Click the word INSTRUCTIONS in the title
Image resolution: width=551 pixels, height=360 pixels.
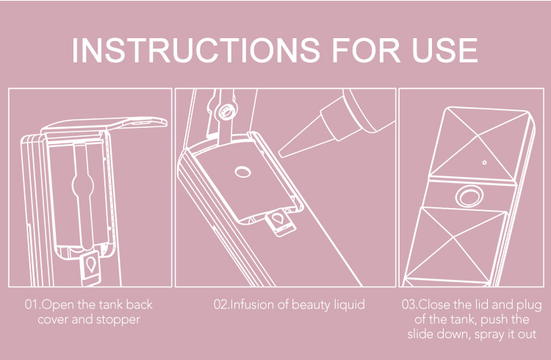tap(195, 49)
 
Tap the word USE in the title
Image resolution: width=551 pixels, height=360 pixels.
tap(445, 49)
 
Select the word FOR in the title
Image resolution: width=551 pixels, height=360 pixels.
tap(366, 49)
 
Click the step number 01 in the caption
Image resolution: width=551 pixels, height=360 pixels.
tap(31, 304)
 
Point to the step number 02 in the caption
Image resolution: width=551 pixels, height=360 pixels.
tap(220, 304)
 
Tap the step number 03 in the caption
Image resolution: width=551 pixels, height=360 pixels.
tap(408, 304)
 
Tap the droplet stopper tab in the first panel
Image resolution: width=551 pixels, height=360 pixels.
tap(90, 267)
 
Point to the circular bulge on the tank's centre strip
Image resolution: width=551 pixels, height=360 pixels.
tap(83, 185)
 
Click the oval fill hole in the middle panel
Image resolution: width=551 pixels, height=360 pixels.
tap(243, 172)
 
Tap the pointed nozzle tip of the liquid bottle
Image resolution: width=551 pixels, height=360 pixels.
tap(281, 154)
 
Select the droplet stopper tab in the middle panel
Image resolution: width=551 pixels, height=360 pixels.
tap(280, 222)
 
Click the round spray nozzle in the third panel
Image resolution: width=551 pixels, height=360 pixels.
tap(469, 196)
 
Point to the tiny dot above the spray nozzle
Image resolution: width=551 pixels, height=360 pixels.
tap(485, 162)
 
